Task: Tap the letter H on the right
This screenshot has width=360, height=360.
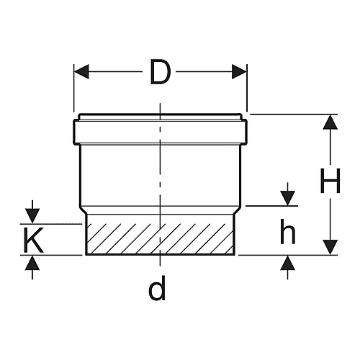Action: click(330, 181)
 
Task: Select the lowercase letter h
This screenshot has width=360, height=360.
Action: click(288, 231)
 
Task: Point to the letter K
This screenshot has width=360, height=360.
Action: click(34, 240)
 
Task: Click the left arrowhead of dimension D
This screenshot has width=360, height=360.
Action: click(81, 71)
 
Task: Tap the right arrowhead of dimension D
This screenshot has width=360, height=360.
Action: click(239, 71)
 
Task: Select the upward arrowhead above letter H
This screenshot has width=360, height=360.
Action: click(330, 122)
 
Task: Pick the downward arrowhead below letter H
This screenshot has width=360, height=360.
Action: click(330, 247)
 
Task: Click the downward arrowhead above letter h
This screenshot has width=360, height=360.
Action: click(288, 198)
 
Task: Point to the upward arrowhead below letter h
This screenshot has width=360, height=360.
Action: click(288, 263)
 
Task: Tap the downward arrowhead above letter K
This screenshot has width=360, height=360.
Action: click(32, 216)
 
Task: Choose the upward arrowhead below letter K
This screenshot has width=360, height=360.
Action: click(32, 263)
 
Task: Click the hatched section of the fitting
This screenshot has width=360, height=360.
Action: click(160, 238)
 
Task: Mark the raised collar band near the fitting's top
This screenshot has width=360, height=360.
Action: click(160, 132)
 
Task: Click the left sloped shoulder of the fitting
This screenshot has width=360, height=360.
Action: click(83, 210)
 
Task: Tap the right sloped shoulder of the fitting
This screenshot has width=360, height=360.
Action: click(238, 210)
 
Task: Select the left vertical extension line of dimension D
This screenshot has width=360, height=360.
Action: click(74, 88)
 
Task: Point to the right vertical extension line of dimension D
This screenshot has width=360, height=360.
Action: click(247, 88)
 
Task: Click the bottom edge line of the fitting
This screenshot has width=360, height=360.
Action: click(160, 254)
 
